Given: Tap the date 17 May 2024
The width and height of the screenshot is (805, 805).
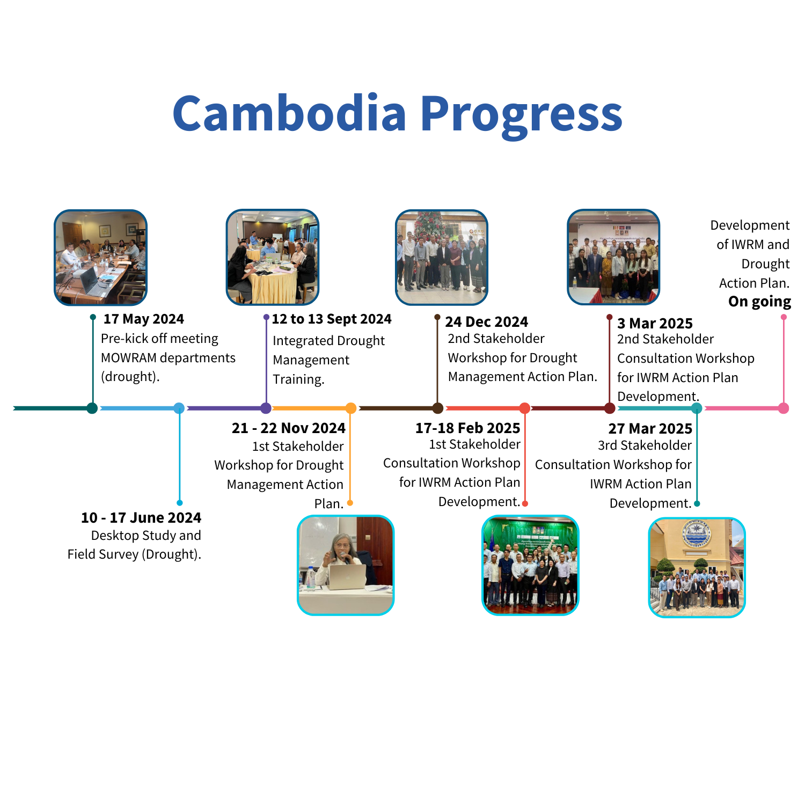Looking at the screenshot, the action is click(x=144, y=319).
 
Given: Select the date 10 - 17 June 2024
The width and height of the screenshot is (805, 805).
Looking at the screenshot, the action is click(x=141, y=517).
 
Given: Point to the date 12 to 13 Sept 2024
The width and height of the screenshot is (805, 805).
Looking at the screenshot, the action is click(x=332, y=319).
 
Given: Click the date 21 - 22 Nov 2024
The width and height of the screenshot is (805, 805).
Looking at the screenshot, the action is click(x=289, y=428).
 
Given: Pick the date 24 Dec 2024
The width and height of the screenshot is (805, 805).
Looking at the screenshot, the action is click(x=486, y=322).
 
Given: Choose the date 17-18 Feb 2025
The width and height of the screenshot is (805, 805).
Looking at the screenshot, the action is click(x=468, y=428).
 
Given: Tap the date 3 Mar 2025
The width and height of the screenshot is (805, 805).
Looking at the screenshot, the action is click(x=655, y=323).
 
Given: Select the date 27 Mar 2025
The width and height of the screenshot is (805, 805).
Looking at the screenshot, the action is click(x=650, y=428).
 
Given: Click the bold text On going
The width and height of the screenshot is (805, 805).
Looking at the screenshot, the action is click(x=760, y=302).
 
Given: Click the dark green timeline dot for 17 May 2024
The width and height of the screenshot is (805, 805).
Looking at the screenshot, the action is click(x=92, y=408).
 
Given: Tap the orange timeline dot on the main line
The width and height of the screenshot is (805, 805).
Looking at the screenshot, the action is click(x=351, y=408).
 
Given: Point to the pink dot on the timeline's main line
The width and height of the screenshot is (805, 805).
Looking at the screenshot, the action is click(x=784, y=408).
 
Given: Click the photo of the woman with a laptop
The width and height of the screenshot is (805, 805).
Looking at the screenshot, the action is click(x=346, y=565).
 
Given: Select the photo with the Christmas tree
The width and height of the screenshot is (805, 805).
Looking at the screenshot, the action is click(x=442, y=258).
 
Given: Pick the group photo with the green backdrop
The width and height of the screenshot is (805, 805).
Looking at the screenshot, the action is click(x=530, y=565).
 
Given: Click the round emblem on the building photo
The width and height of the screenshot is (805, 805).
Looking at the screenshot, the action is click(x=696, y=535).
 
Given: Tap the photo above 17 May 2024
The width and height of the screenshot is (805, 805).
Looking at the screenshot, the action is click(x=101, y=258).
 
